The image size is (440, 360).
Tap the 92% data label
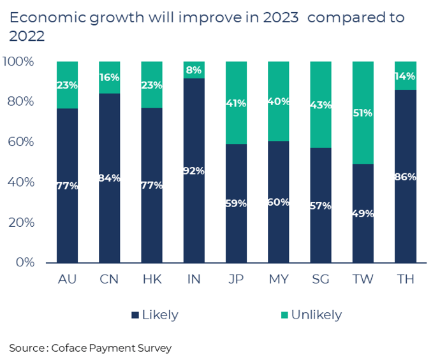pos(194,171)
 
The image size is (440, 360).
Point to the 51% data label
pos(363,113)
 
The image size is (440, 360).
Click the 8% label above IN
pos(194,70)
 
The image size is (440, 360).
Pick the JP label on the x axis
pos(236,280)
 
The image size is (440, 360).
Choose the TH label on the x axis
pos(405,280)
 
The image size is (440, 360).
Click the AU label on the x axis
pos(67,280)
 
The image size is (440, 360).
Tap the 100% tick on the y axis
pos(23,62)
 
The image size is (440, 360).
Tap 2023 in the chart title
pos(280,17)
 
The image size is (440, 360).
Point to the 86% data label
pos(405,176)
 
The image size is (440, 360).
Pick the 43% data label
pos(321,104)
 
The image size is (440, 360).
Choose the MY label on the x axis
pos(279,280)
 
